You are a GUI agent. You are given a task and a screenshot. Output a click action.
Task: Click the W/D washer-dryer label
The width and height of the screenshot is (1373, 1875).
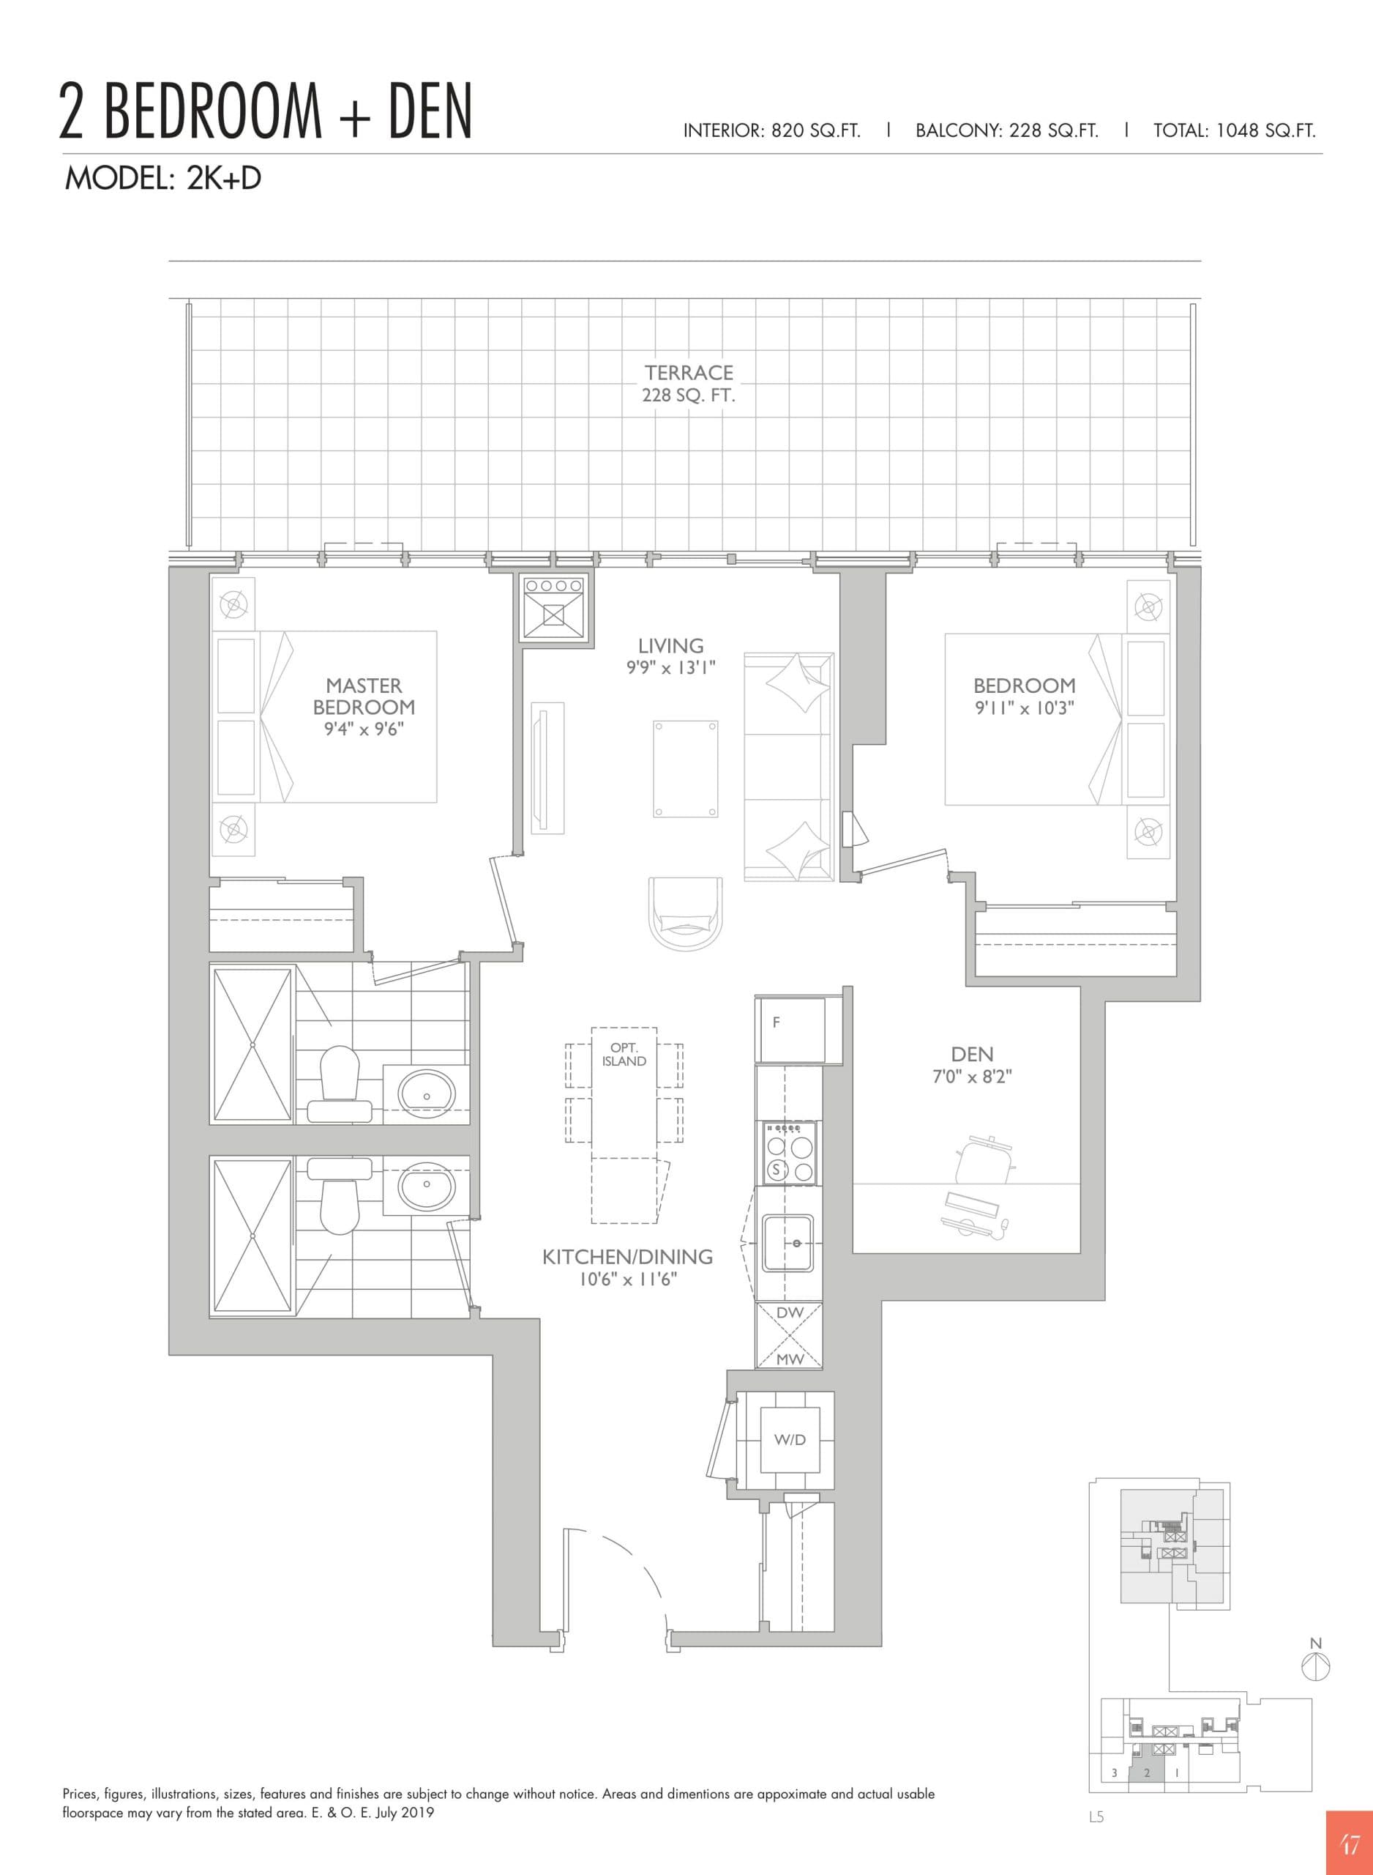pos(790,1439)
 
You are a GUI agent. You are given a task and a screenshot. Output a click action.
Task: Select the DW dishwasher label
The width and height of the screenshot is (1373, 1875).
pos(789,1313)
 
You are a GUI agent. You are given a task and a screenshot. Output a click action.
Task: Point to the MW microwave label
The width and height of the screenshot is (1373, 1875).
pos(789,1359)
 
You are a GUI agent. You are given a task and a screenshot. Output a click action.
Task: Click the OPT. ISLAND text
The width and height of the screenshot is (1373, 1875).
pos(624,1055)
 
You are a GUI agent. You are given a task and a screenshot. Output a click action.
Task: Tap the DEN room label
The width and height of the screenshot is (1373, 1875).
pos(972,1055)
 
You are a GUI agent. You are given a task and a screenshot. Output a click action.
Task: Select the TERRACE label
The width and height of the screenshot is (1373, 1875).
pos(689,373)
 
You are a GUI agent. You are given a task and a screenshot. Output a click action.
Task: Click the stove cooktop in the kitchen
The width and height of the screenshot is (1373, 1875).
pos(790,1154)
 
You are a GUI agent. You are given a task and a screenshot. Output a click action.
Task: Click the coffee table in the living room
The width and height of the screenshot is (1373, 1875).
pos(686,769)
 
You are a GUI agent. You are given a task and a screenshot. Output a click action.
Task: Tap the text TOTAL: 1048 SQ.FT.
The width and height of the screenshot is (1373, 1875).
pos(1234,130)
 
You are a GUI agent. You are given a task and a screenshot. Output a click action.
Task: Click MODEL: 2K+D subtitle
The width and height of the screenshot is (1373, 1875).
pos(163,179)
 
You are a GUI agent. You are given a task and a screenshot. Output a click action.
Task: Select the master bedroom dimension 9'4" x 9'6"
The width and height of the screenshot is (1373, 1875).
pos(363,730)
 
